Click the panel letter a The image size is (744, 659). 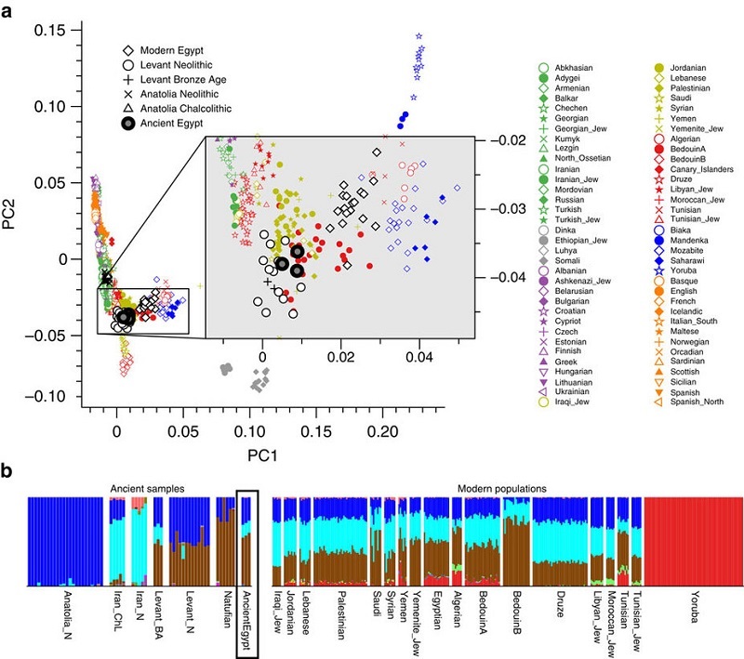pos(9,10)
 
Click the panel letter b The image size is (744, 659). pos(9,472)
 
